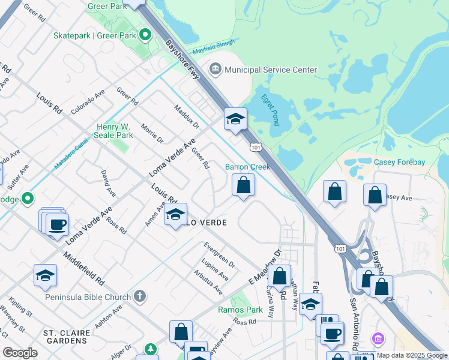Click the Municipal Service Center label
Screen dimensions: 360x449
(271, 70)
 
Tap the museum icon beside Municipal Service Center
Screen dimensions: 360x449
(215, 70)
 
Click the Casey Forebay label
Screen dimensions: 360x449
(399, 162)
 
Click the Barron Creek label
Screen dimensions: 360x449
(247, 167)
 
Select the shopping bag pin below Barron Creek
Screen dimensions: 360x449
(243, 186)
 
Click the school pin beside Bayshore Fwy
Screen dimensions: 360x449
(236, 119)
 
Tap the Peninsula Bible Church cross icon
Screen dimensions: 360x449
(139, 296)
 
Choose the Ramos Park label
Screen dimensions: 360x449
(249, 310)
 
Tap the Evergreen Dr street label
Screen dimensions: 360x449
(219, 255)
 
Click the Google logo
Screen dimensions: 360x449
(20, 353)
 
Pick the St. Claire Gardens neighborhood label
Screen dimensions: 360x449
(66, 337)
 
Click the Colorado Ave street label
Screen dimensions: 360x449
(88, 101)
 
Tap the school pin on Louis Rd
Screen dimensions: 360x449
(175, 215)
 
